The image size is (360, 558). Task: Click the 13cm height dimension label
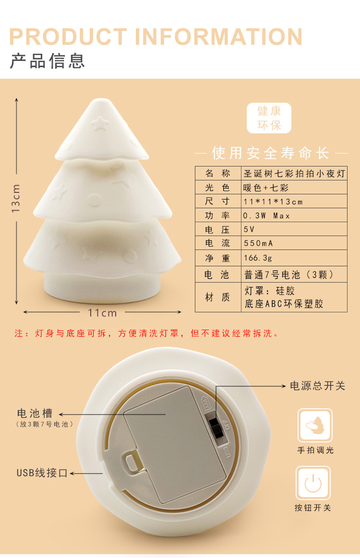(16, 198)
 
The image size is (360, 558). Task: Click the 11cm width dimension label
(102, 313)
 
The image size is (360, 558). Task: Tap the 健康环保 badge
(269, 118)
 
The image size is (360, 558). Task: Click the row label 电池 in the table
(217, 275)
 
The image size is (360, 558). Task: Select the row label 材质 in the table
(217, 297)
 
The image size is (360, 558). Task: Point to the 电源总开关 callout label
(317, 386)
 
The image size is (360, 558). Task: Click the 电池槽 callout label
(35, 414)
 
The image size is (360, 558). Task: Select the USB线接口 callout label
(42, 473)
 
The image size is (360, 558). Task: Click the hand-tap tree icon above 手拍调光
(314, 426)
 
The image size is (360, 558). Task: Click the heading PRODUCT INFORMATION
(156, 37)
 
